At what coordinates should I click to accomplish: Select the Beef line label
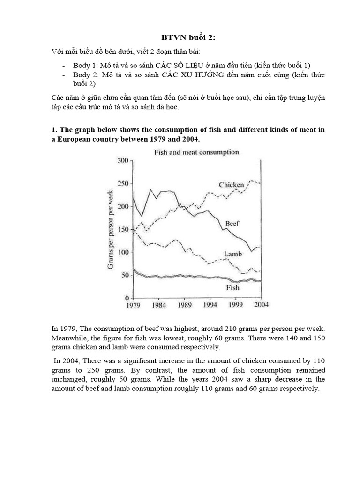(x=232, y=224)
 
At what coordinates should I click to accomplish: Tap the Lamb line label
(x=233, y=254)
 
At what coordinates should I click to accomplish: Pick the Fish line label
(x=232, y=287)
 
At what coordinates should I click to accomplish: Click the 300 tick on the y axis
(x=122, y=160)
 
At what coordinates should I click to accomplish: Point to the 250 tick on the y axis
(x=122, y=183)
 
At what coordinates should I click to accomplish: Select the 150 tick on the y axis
(x=122, y=229)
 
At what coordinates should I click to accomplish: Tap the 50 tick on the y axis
(x=124, y=275)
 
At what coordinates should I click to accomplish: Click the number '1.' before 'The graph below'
(x=54, y=129)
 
